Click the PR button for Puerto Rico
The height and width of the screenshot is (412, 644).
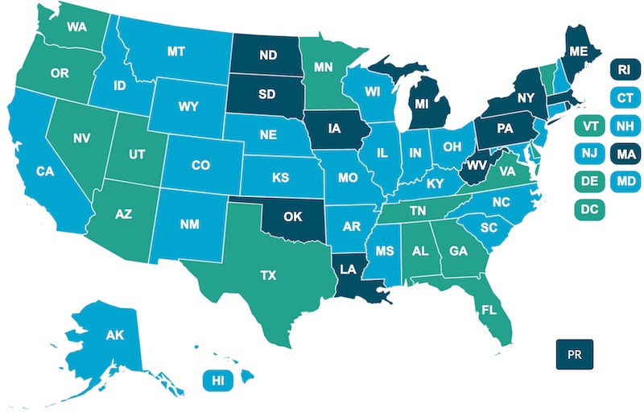tap(575, 354)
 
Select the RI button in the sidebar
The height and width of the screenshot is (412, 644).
tap(623, 69)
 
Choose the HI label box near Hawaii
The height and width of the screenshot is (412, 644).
tap(217, 380)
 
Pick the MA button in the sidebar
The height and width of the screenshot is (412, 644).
tap(623, 153)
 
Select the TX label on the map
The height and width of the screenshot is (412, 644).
tap(267, 274)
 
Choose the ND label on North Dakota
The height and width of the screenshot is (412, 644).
tap(267, 56)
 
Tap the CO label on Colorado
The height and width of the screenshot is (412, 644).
tap(200, 166)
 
